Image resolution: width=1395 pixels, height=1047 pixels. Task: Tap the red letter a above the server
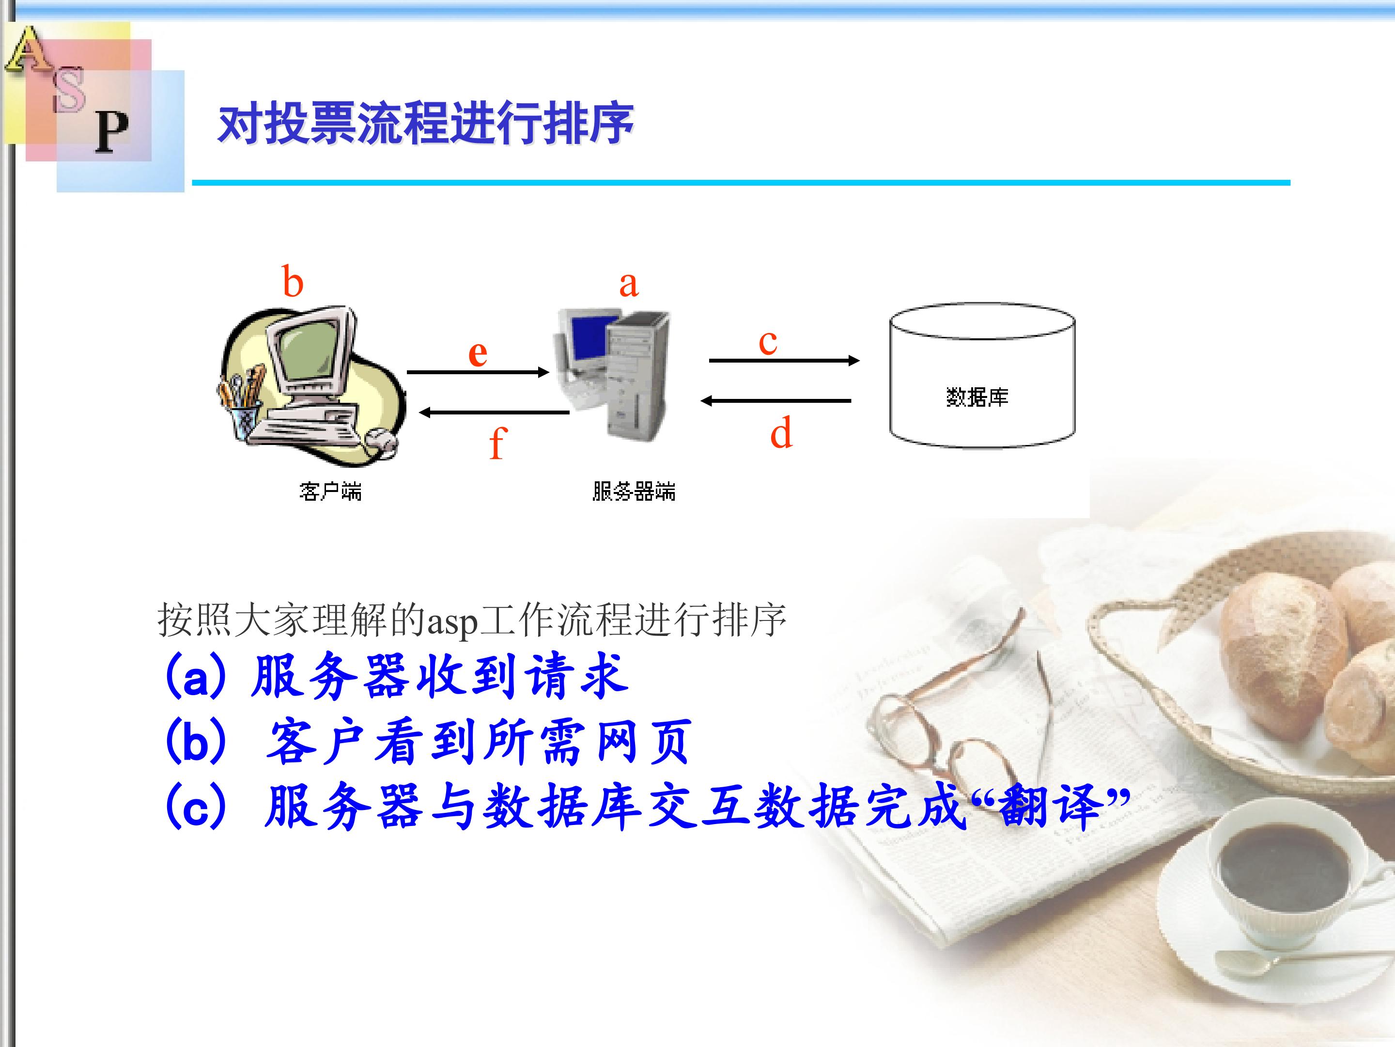pos(629,285)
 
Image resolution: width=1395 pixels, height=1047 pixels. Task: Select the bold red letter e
pos(478,353)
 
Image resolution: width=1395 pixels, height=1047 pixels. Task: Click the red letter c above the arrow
pos(768,343)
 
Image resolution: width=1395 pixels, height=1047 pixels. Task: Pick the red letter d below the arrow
pos(781,433)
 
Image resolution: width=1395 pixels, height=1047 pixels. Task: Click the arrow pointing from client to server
pos(478,372)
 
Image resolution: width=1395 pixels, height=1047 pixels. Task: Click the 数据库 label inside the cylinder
pos(977,397)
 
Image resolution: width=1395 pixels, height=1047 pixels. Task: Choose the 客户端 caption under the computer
pos(330,491)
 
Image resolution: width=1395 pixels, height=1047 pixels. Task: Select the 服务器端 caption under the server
pos(634,491)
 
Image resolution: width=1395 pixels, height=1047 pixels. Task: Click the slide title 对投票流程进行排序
pos(426,124)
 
